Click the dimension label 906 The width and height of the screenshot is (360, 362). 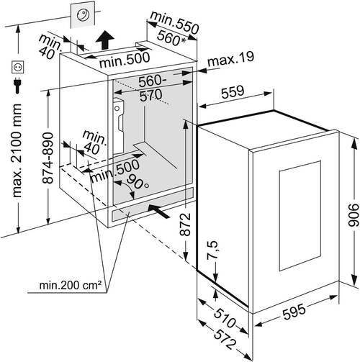coord(354,215)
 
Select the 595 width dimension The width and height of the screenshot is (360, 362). coord(294,312)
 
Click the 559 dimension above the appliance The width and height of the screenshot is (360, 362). coord(233,92)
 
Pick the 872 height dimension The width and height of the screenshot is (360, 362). coord(185,224)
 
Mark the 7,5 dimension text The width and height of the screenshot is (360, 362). coord(212,250)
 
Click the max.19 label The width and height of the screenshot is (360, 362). coord(230,59)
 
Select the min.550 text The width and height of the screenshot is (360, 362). coord(175,23)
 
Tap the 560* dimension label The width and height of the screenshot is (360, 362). coord(171,38)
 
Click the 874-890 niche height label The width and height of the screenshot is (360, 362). coord(48,158)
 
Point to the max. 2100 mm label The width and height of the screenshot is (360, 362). coord(17,150)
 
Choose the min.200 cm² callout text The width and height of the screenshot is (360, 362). coord(70,285)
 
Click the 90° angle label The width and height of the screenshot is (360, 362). coord(138,182)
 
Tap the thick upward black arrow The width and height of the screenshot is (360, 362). coord(105,40)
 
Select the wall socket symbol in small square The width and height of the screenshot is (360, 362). coord(18,67)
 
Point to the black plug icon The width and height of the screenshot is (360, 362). coord(17,85)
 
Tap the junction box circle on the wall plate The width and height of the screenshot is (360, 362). coord(82,15)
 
